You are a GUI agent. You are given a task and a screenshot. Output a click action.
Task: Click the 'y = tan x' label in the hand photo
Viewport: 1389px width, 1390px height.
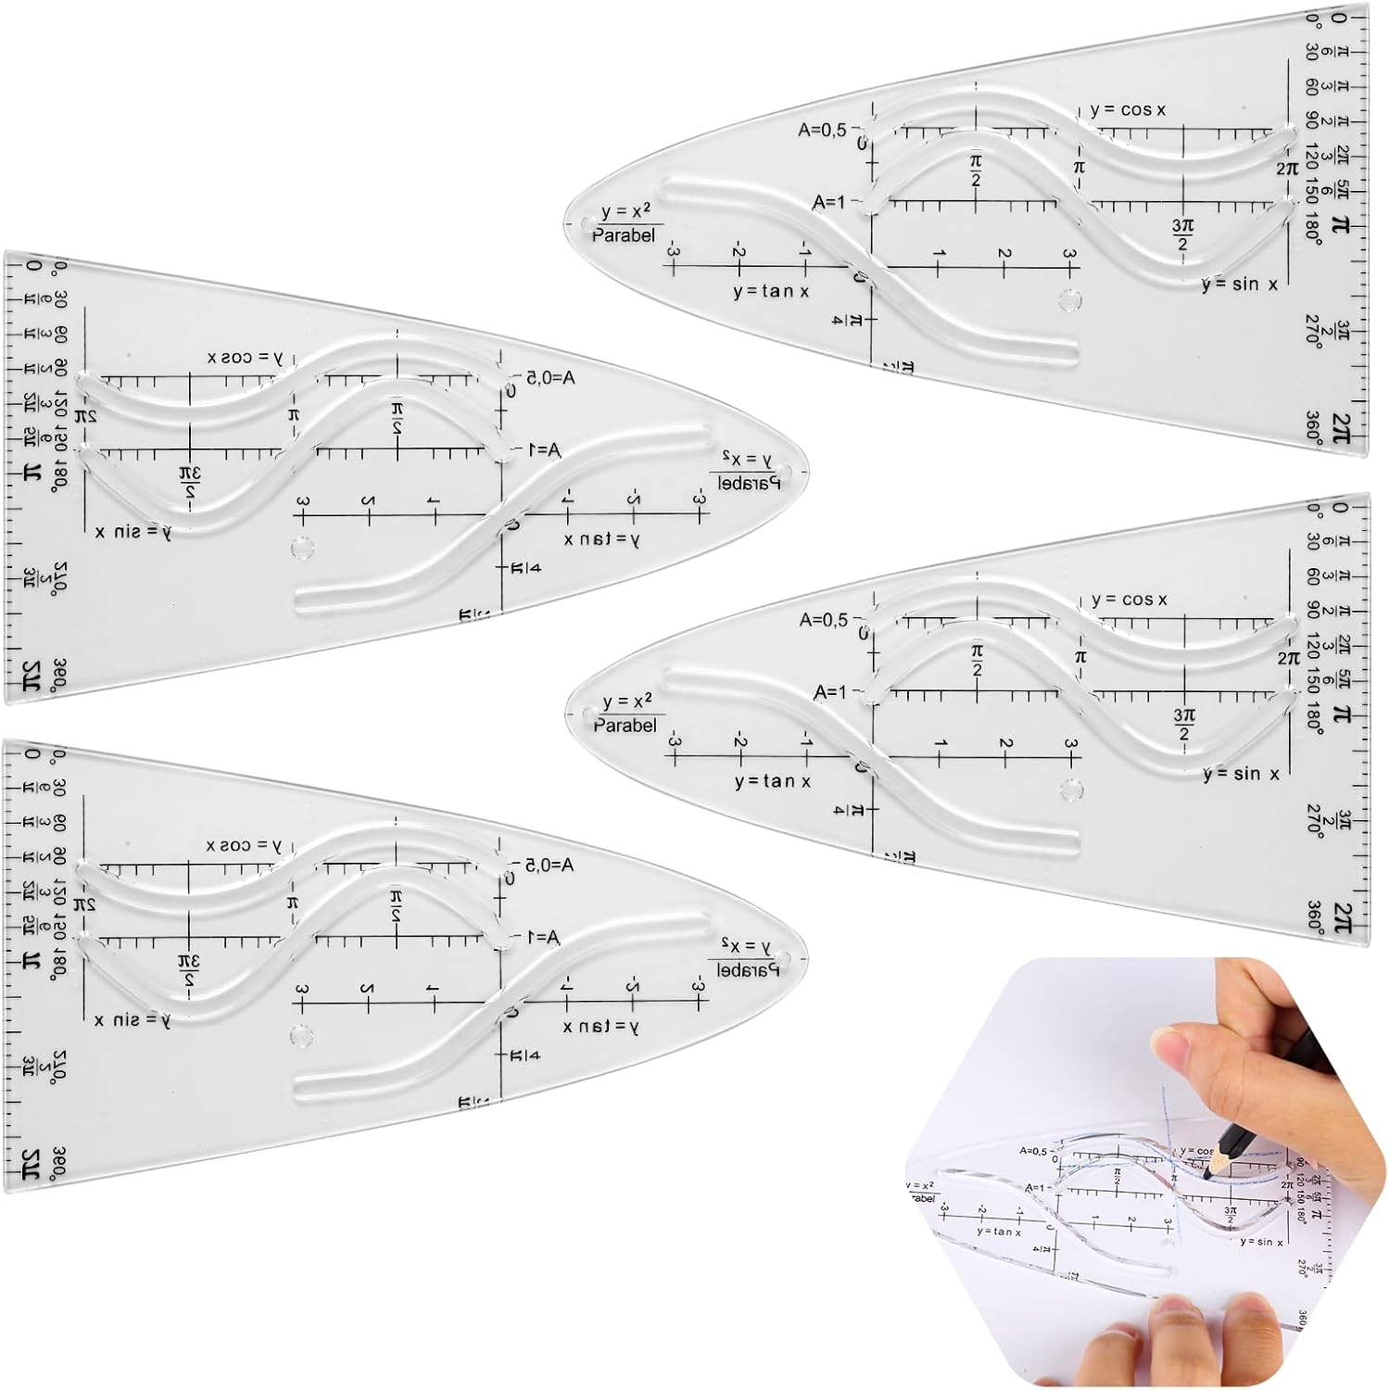click(x=999, y=1232)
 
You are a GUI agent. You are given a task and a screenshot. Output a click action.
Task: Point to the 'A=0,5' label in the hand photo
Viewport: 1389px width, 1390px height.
click(x=1033, y=1151)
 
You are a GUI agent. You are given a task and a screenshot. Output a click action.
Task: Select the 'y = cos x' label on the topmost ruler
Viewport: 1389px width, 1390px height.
click(x=1128, y=110)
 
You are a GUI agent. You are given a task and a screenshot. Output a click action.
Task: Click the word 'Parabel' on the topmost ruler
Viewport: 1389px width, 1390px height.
click(x=624, y=235)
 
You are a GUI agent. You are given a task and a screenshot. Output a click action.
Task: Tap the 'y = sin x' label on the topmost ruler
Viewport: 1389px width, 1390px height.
click(x=1239, y=284)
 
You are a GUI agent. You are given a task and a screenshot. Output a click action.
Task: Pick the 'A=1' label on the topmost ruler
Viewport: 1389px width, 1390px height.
click(x=829, y=202)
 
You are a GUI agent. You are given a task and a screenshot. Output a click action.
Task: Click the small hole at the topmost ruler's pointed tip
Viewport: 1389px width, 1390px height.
click(x=587, y=224)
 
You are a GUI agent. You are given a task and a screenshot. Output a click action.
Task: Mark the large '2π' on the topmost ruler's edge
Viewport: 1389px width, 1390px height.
click(x=1341, y=427)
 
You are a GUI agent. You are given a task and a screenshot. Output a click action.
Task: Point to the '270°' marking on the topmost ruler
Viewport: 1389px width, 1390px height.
click(x=1313, y=330)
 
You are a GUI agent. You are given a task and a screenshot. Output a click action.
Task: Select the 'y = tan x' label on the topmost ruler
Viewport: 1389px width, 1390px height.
click(x=771, y=291)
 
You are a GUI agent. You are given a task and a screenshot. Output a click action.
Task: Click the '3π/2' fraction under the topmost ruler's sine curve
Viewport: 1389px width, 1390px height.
click(x=1182, y=234)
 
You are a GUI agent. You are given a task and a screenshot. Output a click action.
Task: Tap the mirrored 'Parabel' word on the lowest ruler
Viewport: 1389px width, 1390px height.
click(x=748, y=970)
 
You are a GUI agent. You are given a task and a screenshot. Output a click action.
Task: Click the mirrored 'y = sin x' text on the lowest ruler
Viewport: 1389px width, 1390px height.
click(x=133, y=1020)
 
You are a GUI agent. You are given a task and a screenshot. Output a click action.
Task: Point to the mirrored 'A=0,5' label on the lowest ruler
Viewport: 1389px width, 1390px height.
click(x=549, y=865)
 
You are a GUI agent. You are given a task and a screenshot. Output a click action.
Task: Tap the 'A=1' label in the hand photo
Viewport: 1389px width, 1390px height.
click(x=1034, y=1188)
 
